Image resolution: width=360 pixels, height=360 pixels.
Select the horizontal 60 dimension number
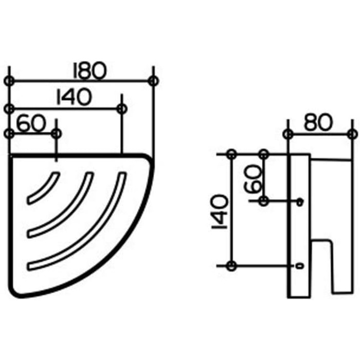(x=31, y=123)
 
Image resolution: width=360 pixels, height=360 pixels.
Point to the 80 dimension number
(x=318, y=123)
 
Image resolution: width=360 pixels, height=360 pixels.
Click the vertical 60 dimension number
(x=253, y=178)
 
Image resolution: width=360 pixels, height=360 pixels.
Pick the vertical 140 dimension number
(x=220, y=212)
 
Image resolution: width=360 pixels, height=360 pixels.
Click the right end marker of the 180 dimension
(x=153, y=81)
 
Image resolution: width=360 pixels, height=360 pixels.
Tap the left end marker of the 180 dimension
(x=9, y=81)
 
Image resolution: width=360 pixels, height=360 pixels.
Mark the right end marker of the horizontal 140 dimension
(x=122, y=109)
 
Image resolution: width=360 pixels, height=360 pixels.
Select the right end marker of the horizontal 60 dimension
(x=57, y=133)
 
